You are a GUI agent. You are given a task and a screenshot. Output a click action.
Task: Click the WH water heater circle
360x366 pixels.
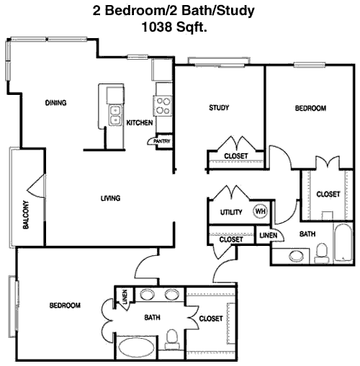(260, 211)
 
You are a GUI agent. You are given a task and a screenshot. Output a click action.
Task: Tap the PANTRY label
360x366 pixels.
(162, 141)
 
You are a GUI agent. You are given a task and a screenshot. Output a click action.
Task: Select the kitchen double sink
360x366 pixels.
(115, 115)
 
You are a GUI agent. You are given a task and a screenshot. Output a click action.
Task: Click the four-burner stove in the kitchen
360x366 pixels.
(163, 106)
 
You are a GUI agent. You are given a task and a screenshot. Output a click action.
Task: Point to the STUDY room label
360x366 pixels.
(219, 108)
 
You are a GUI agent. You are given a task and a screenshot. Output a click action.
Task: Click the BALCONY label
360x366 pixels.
(26, 214)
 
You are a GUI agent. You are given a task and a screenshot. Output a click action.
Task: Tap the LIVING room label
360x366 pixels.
(110, 198)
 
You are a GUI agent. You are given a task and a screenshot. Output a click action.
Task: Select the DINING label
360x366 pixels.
(55, 103)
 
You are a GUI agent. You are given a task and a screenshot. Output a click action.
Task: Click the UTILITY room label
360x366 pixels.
(231, 212)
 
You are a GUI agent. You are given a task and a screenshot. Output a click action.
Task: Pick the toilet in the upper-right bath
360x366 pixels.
(322, 253)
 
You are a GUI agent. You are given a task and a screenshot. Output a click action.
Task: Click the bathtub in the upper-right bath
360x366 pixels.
(343, 242)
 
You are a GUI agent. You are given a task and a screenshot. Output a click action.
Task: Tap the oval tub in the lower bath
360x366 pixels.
(136, 349)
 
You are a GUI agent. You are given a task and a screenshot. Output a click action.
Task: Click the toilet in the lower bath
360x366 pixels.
(172, 339)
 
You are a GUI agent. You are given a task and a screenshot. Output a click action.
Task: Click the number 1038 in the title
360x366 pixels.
(157, 27)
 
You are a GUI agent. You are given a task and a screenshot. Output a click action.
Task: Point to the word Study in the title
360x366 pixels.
(236, 12)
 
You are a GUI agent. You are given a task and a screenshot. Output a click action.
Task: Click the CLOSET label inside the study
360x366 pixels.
(236, 156)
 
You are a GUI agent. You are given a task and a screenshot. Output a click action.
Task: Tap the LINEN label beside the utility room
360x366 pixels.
(269, 235)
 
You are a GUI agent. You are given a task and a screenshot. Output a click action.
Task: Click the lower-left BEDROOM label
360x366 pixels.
(65, 306)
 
